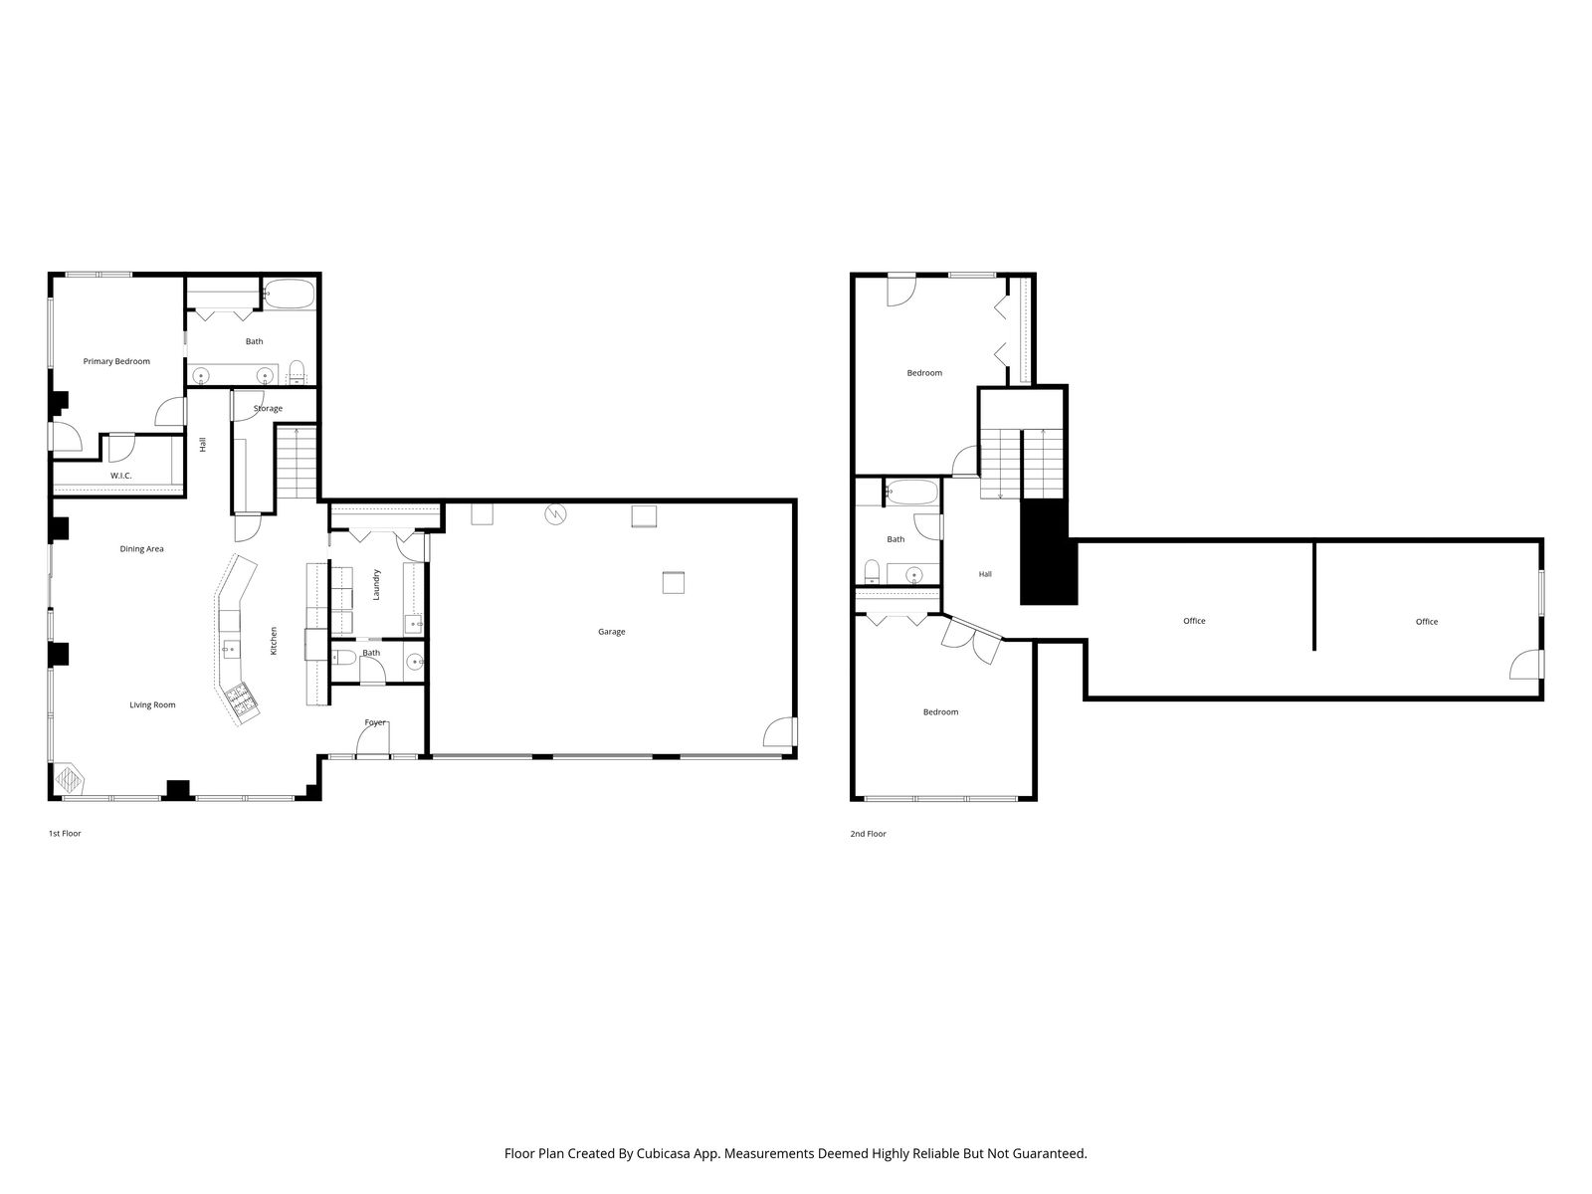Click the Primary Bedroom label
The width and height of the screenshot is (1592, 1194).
(x=116, y=361)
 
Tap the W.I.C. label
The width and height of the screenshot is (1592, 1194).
(x=121, y=476)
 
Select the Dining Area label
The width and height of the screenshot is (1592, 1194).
(x=141, y=549)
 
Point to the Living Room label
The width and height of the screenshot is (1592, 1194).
(x=152, y=704)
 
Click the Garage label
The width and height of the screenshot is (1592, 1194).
(x=611, y=632)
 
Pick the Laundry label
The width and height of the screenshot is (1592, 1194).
(x=376, y=584)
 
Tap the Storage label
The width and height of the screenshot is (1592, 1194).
(x=268, y=408)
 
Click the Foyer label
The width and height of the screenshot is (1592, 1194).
(x=375, y=722)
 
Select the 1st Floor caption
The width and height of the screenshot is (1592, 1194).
(x=65, y=833)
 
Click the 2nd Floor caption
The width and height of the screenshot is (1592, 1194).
(x=869, y=834)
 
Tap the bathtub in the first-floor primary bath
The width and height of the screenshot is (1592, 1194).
(x=288, y=295)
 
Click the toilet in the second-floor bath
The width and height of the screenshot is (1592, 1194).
(x=872, y=571)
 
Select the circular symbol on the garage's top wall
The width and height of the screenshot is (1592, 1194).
(x=555, y=514)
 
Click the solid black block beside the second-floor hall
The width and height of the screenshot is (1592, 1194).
(x=1048, y=551)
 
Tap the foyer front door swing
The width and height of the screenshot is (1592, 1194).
(x=373, y=739)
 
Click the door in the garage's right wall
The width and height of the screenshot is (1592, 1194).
(x=780, y=731)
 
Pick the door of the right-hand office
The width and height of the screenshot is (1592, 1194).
(x=1526, y=664)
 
